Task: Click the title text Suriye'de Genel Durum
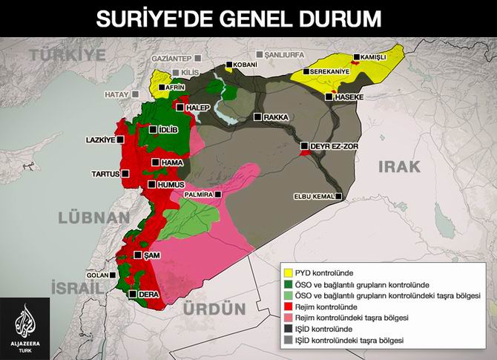tap(248, 16)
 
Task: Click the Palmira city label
tap(198, 194)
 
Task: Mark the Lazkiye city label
tap(100, 139)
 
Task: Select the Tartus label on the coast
tap(105, 174)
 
